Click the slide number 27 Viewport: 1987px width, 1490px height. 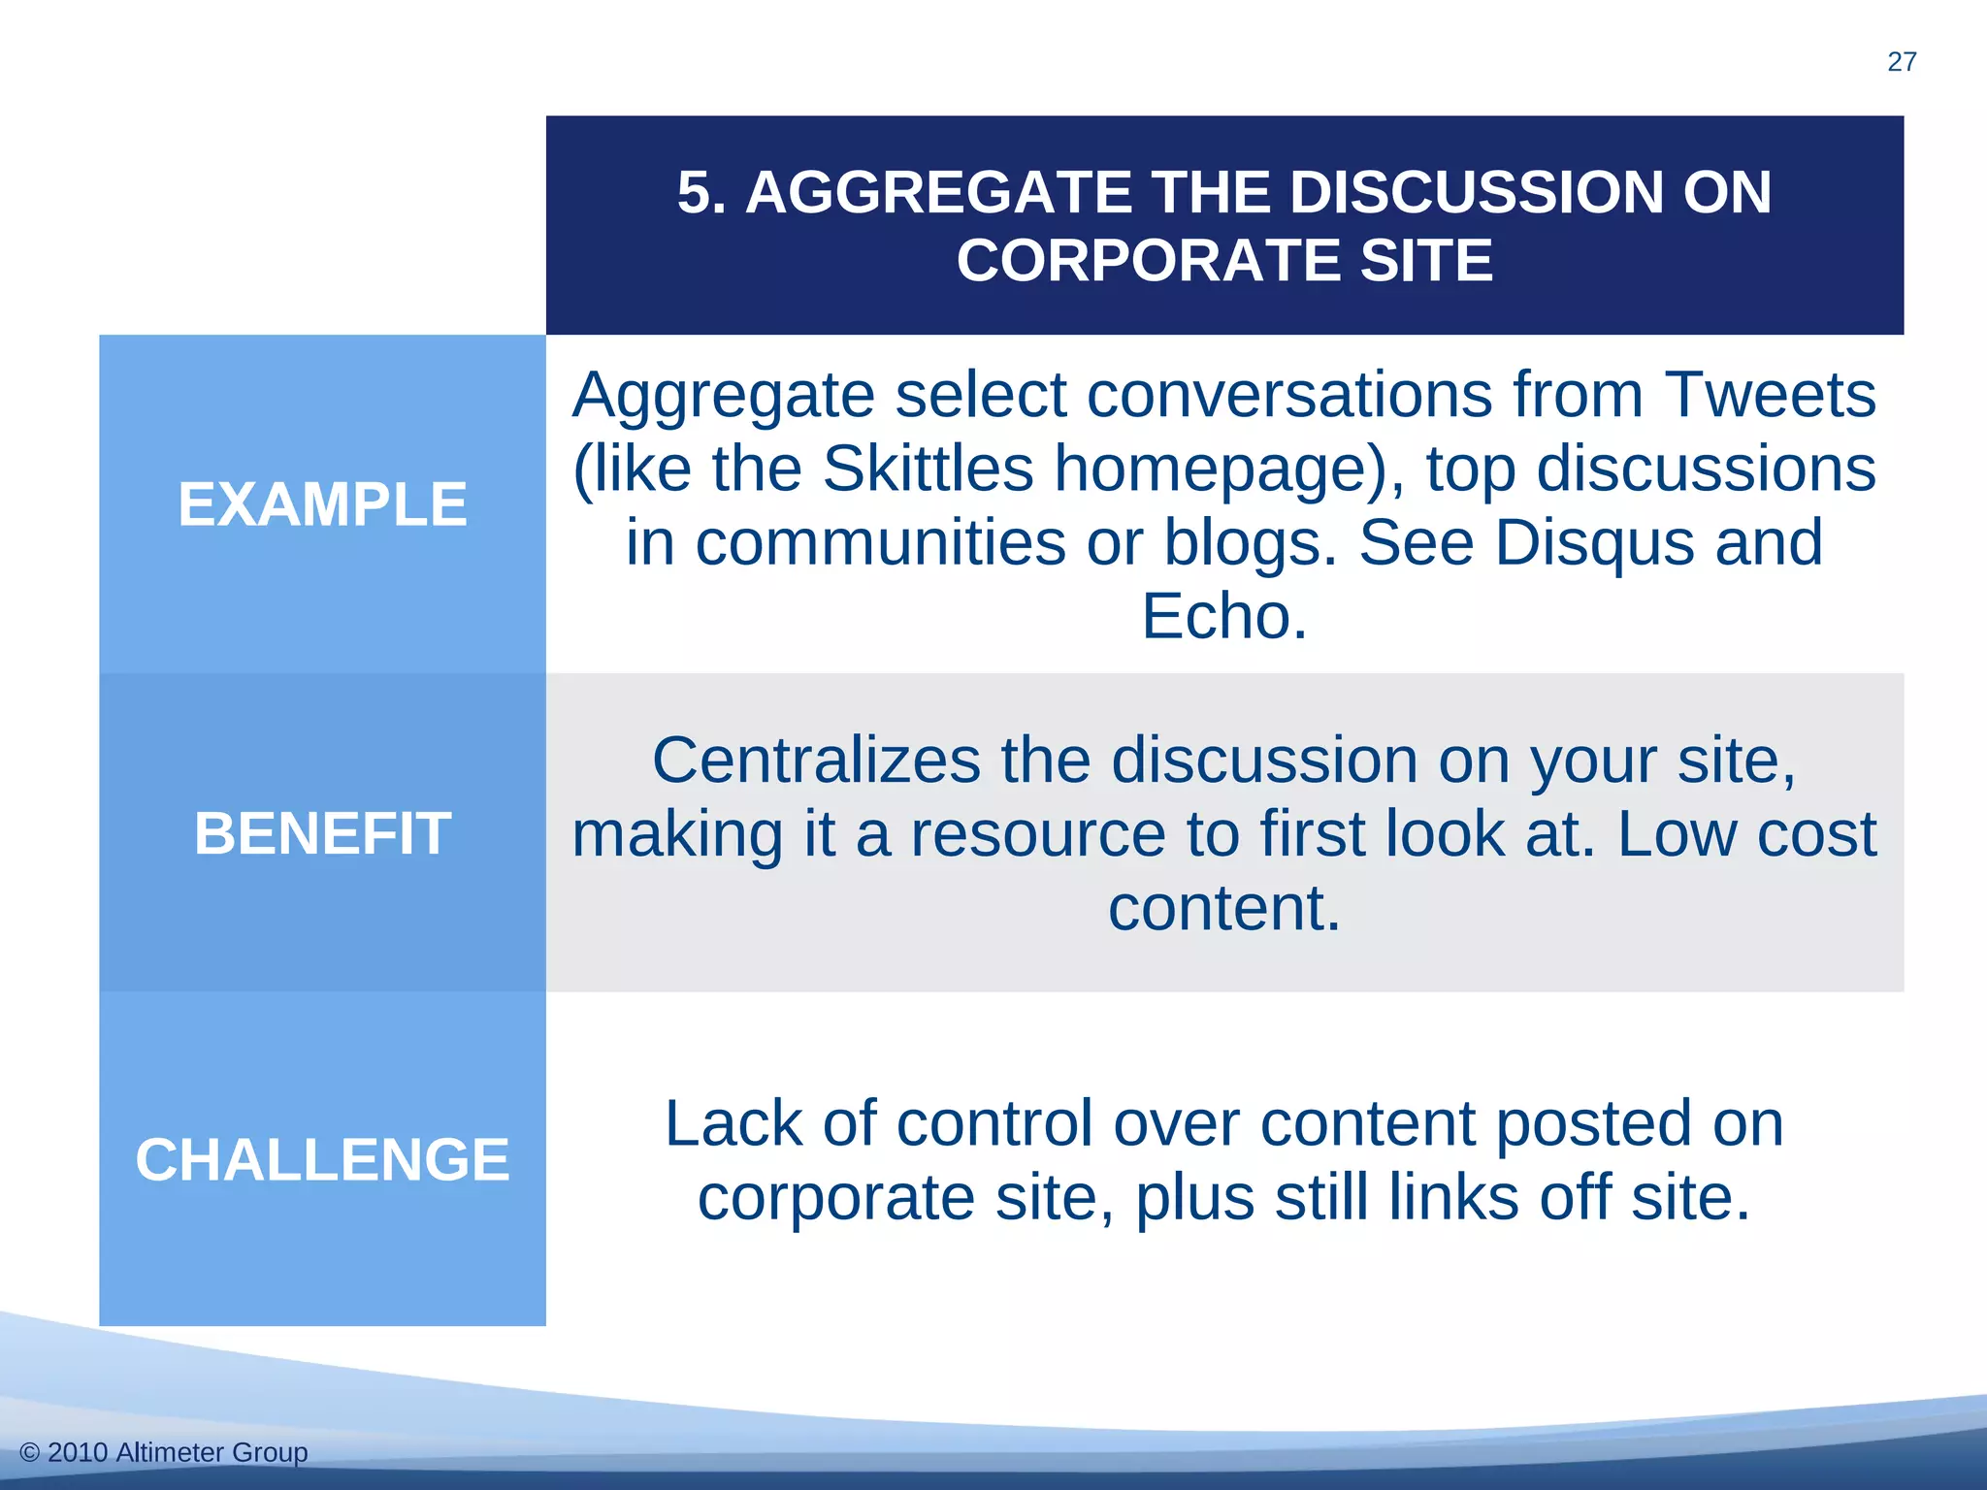click(1902, 62)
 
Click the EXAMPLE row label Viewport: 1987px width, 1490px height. click(322, 504)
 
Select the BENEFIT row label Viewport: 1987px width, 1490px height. click(322, 833)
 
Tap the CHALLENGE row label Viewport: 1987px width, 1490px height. click(322, 1159)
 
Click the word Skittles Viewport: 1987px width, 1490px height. click(928, 469)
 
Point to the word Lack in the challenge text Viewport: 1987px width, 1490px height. click(733, 1123)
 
